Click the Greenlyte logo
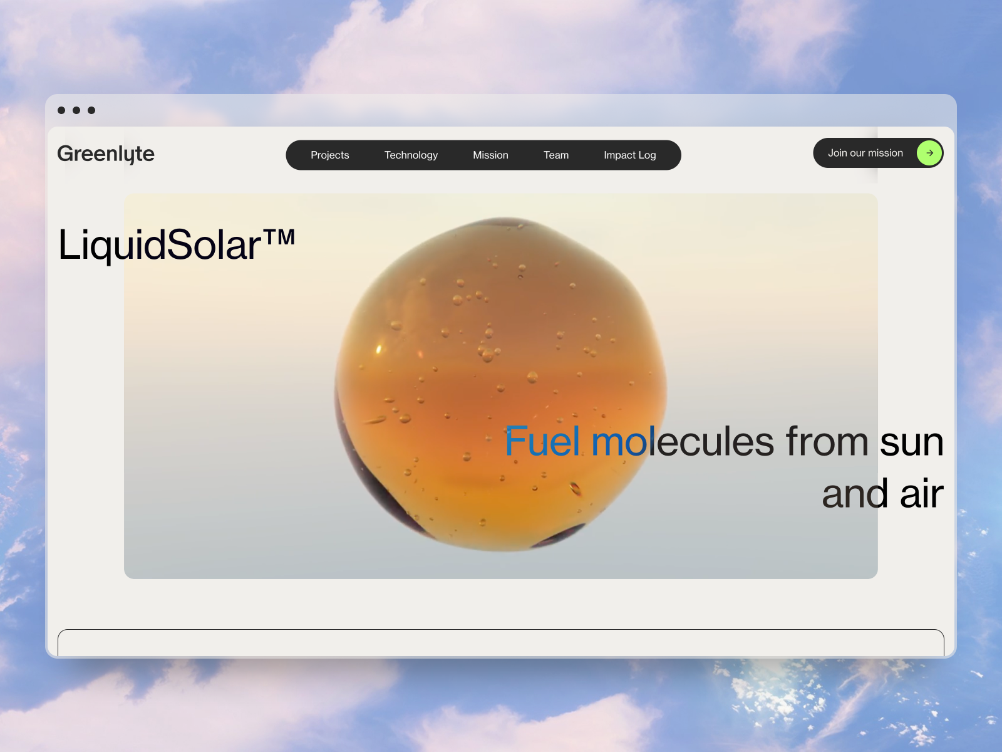[106, 154]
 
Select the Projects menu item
[329, 155]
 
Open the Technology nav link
[411, 155]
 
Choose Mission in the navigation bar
[490, 155]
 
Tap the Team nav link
[556, 155]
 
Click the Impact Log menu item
[629, 155]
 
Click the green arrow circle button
[929, 153]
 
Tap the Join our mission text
[865, 153]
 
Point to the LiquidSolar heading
[177, 245]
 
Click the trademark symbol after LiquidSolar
[279, 237]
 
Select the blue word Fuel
[542, 441]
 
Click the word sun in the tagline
[912, 442]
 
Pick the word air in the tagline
[922, 494]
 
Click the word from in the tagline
[827, 441]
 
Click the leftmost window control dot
[61, 110]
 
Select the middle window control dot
[76, 110]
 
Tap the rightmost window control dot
[91, 110]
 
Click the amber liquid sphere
[500, 384]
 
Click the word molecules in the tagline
[683, 441]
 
